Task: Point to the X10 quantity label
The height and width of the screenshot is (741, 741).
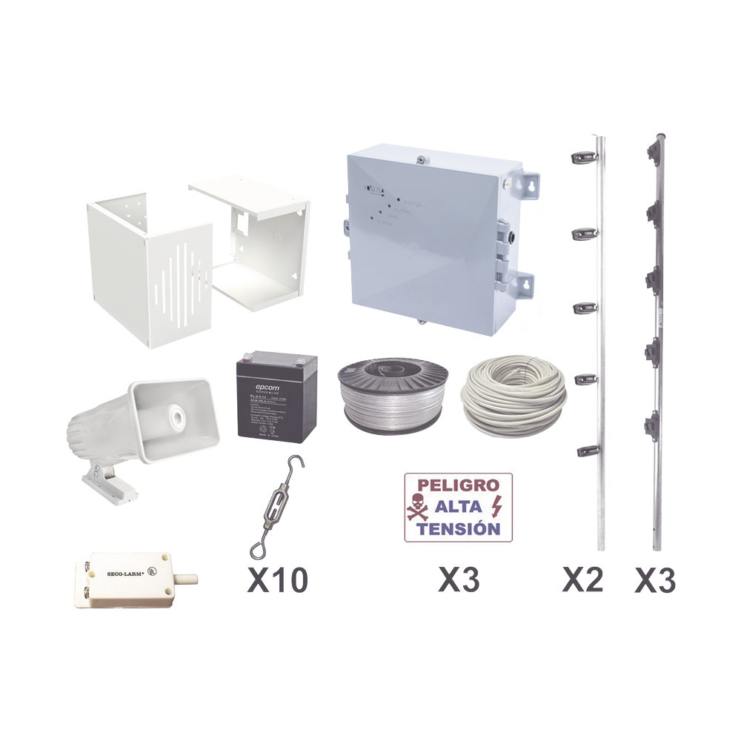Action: click(276, 579)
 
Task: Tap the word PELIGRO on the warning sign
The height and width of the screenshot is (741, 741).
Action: click(452, 486)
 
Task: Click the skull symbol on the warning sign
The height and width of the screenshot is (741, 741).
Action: click(416, 508)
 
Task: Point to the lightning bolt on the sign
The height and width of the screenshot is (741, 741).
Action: click(496, 507)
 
